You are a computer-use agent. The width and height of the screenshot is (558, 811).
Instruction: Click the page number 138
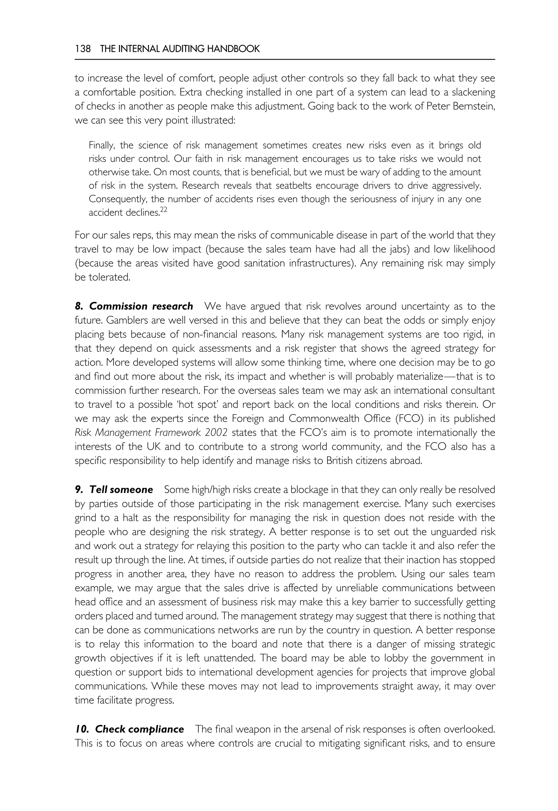[83, 49]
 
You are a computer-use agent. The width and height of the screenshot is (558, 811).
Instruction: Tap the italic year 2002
[216, 432]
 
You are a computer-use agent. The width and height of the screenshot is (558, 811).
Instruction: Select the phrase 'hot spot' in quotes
[198, 405]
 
